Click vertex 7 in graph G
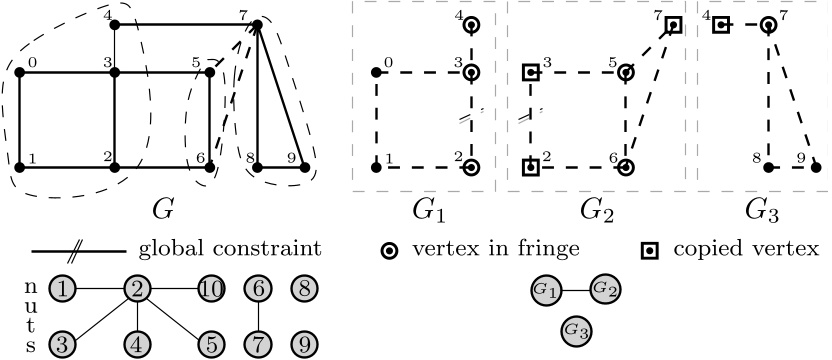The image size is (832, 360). [x=259, y=24]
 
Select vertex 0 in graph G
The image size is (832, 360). [x=19, y=73]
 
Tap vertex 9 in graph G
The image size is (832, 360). [x=305, y=168]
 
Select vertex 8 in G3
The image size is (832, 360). [x=768, y=168]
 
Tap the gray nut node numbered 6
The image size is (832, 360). [x=257, y=289]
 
